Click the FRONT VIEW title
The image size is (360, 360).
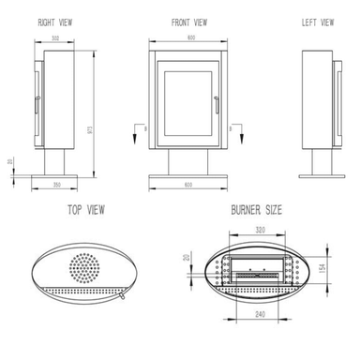pos(190,21)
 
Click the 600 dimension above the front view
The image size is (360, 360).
pos(190,38)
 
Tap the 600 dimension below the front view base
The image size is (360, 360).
pos(190,186)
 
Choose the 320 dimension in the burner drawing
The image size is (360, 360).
pos(260,228)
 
